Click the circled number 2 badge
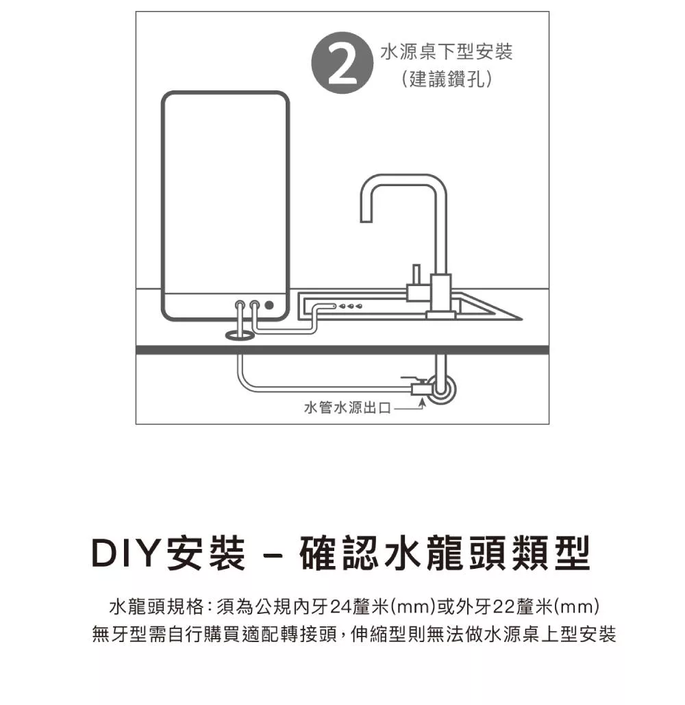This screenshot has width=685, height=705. coord(342,63)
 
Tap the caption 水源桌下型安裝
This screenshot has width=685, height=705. coord(446,52)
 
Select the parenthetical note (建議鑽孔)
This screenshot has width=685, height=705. coord(447,79)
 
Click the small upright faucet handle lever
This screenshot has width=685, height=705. coord(416,274)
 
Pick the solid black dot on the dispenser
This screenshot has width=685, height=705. coord(269,305)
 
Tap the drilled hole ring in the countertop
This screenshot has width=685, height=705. coord(240,335)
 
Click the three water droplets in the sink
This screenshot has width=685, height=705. coord(351,306)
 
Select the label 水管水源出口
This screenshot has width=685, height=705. coord(347,408)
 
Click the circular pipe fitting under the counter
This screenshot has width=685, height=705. coord(440,389)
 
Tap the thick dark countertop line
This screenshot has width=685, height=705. coord(342,349)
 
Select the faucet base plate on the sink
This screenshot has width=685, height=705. coord(440,315)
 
